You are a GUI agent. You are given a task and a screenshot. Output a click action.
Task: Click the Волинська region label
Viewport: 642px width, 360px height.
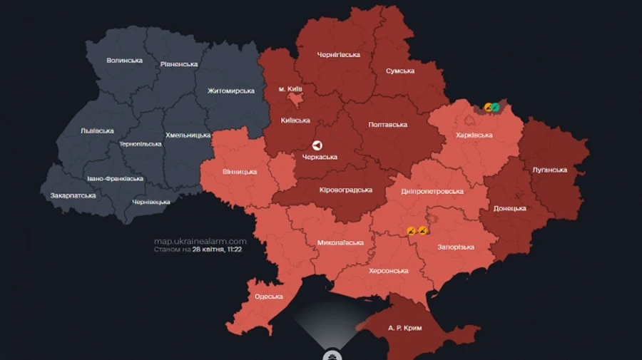tap(125, 61)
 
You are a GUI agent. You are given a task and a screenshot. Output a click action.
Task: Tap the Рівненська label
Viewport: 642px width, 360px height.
tap(179, 64)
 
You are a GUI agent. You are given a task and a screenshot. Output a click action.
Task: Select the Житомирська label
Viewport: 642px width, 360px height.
tap(231, 91)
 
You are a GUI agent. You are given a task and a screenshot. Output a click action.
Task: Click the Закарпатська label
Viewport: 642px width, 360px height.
tap(73, 195)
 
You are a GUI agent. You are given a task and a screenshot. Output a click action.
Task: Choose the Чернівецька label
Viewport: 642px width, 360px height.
tap(151, 202)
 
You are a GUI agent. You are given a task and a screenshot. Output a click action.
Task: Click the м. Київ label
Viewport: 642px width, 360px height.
tap(291, 89)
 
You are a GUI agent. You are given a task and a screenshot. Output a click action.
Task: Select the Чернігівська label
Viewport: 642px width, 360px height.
tap(339, 55)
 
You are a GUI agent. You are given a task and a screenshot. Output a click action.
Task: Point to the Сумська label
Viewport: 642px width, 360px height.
tap(400, 71)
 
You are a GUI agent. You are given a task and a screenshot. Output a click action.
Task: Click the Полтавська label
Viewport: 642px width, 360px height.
tap(388, 125)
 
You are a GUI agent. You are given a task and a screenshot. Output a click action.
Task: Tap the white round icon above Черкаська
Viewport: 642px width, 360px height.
tap(318, 144)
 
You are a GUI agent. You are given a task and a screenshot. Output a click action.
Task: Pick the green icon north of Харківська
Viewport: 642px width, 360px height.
tap(495, 108)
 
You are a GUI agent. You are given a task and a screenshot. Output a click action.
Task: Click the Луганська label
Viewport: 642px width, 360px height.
tap(550, 170)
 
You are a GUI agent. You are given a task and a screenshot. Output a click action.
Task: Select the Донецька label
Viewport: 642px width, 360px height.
tap(510, 209)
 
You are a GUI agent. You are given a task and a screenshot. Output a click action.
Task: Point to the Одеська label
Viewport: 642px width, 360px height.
tap(269, 297)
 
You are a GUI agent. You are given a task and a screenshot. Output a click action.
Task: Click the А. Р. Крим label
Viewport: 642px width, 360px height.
tap(405, 328)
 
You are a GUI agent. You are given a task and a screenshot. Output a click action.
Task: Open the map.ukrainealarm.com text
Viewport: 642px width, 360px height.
tap(200, 241)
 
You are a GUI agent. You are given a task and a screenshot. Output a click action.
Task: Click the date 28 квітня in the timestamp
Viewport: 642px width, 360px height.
tap(208, 250)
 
